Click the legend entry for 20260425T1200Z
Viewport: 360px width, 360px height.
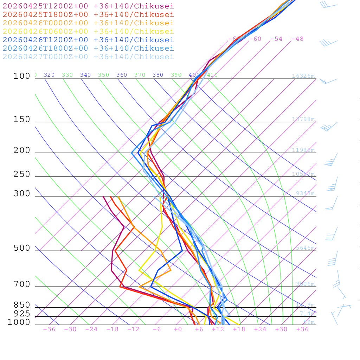click(x=88, y=6)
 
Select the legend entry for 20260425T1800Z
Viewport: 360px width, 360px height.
click(x=88, y=14)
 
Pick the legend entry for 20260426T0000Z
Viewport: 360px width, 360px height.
click(x=88, y=23)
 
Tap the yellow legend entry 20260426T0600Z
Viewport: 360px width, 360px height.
click(x=88, y=31)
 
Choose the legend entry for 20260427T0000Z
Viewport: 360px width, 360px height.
click(x=88, y=57)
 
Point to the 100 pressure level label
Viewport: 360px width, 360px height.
click(x=22, y=76)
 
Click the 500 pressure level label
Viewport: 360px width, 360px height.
click(x=22, y=248)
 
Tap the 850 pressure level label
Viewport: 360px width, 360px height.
click(x=22, y=305)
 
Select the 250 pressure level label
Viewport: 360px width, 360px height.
click(x=22, y=174)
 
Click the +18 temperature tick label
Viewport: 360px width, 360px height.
click(x=239, y=329)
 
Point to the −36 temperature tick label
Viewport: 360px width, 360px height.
click(x=49, y=329)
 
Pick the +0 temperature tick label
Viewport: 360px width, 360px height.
click(x=178, y=329)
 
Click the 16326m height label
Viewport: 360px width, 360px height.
click(x=303, y=76)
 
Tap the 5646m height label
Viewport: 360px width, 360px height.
click(x=305, y=248)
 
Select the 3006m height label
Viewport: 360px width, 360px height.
click(x=305, y=284)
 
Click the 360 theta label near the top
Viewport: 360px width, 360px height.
click(x=121, y=75)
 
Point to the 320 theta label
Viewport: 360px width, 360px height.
click(x=49, y=75)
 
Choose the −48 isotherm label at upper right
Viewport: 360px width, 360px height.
click(x=297, y=39)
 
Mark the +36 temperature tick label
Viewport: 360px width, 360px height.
click(x=302, y=329)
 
